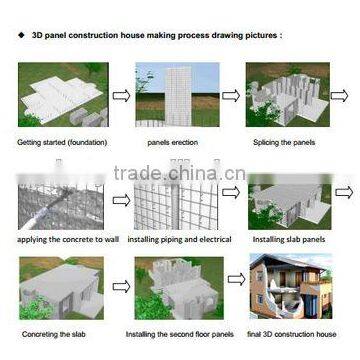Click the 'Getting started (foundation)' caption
[58, 142]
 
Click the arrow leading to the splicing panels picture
[231, 96]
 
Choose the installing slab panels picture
[293, 196]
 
